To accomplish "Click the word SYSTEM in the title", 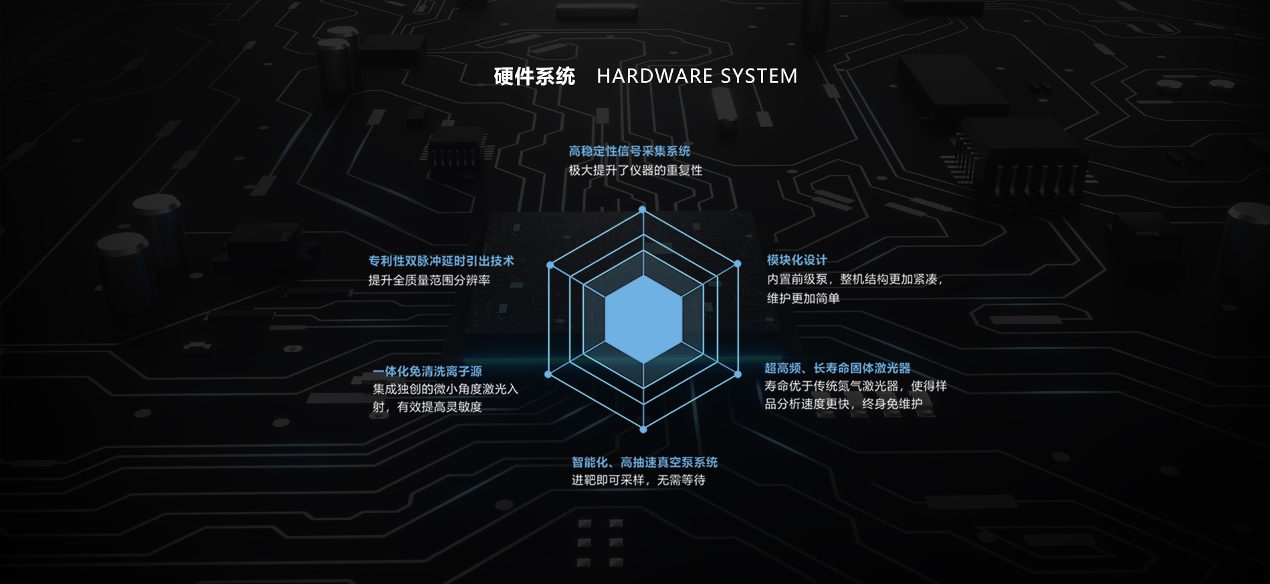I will click(x=759, y=76).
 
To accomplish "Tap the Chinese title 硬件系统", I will click(x=534, y=76).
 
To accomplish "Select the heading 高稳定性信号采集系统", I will click(x=629, y=151).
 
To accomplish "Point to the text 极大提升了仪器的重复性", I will click(x=635, y=171).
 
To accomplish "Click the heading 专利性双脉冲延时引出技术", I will click(x=441, y=261).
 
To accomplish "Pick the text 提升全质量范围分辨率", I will click(x=429, y=280).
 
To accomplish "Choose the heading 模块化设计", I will click(x=797, y=260).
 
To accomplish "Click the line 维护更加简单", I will click(x=803, y=298).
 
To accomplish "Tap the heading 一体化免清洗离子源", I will click(x=427, y=371).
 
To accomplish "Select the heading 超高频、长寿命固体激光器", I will click(x=837, y=368).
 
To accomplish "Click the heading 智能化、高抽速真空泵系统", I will click(x=645, y=462).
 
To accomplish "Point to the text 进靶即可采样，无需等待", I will click(x=639, y=480).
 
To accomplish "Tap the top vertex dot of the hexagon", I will click(x=643, y=209).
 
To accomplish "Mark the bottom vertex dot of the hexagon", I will click(x=643, y=429).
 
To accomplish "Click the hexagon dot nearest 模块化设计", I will click(x=738, y=264).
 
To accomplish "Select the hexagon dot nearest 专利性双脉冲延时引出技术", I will click(x=550, y=265).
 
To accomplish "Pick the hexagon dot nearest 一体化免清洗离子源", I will click(x=548, y=375).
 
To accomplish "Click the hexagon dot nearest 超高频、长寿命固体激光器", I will click(x=738, y=375).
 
